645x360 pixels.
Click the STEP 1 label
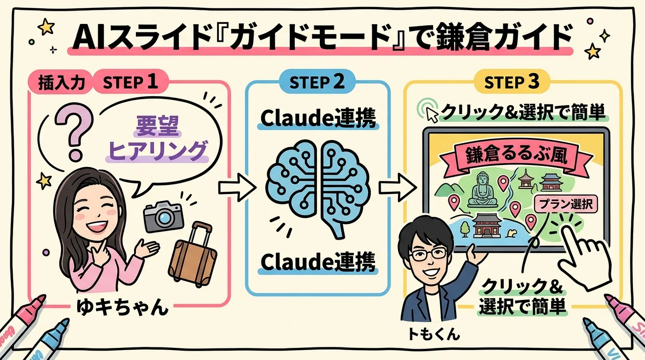click(129, 82)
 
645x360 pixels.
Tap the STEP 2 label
click(317, 82)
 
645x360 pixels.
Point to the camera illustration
click(163, 217)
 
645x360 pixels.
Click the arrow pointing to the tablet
click(397, 187)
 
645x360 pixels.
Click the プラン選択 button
click(565, 204)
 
